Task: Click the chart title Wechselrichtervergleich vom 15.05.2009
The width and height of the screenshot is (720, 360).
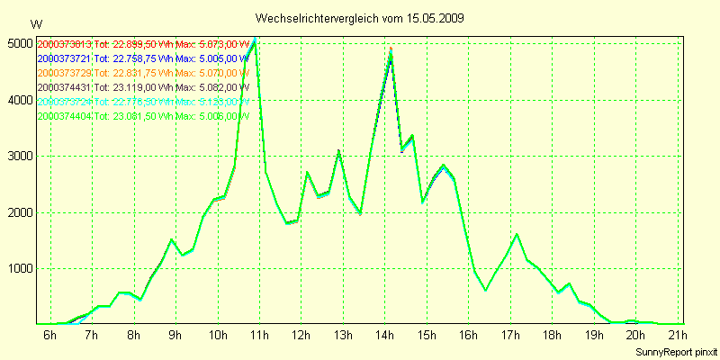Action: tap(360, 18)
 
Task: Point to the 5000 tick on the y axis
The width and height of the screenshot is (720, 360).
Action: tap(19, 43)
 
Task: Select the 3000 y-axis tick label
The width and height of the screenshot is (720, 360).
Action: tap(19, 156)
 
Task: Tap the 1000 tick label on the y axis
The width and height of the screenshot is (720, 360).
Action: tap(19, 268)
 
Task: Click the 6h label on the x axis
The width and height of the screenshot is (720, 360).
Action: tap(49, 336)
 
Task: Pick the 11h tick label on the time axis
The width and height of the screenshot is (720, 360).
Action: tap(259, 336)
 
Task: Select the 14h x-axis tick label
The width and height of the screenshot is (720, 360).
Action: tap(384, 336)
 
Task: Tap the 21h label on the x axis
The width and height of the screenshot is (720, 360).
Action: tap(677, 336)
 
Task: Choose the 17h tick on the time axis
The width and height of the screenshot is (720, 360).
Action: tap(509, 336)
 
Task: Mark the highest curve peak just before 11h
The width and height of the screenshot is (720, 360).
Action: tap(256, 40)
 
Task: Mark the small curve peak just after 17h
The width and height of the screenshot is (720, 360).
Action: tap(517, 234)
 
